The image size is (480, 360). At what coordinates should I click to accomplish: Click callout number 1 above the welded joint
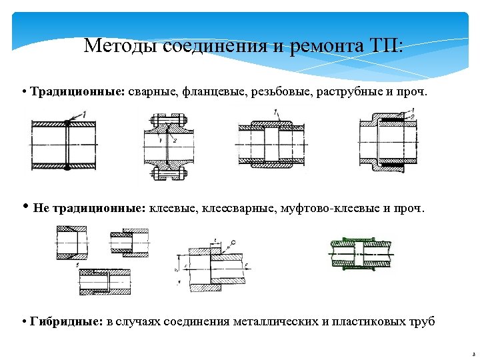pyautogui.click(x=85, y=116)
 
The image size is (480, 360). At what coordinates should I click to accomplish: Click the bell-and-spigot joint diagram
pyautogui.click(x=388, y=141)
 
